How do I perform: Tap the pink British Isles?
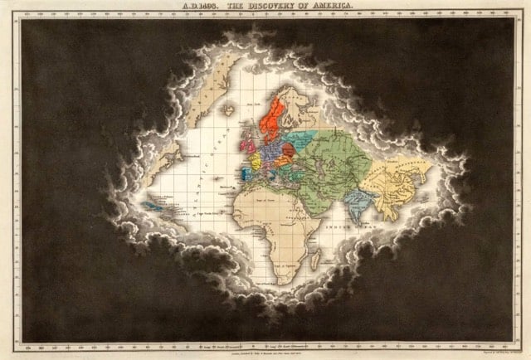pyautogui.click(x=247, y=145)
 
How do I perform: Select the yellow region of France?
pyautogui.click(x=255, y=159)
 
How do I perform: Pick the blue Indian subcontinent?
pyautogui.click(x=358, y=204)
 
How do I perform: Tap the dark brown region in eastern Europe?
pyautogui.click(x=289, y=152)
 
